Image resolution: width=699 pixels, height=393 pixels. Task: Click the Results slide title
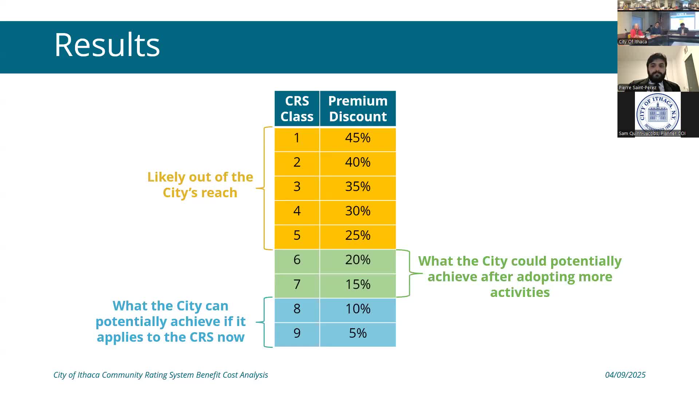(107, 45)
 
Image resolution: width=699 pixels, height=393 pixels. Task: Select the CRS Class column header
(297, 108)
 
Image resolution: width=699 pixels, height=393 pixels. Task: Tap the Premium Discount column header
(358, 108)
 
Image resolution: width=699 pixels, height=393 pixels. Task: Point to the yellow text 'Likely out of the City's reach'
(200, 184)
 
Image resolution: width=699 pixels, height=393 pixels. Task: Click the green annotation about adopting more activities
(520, 277)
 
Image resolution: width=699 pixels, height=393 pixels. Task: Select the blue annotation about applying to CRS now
(170, 321)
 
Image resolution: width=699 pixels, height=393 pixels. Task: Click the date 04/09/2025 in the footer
(625, 375)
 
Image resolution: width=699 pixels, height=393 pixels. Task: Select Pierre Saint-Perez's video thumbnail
(658, 69)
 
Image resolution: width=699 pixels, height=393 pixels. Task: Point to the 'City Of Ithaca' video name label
(633, 41)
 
